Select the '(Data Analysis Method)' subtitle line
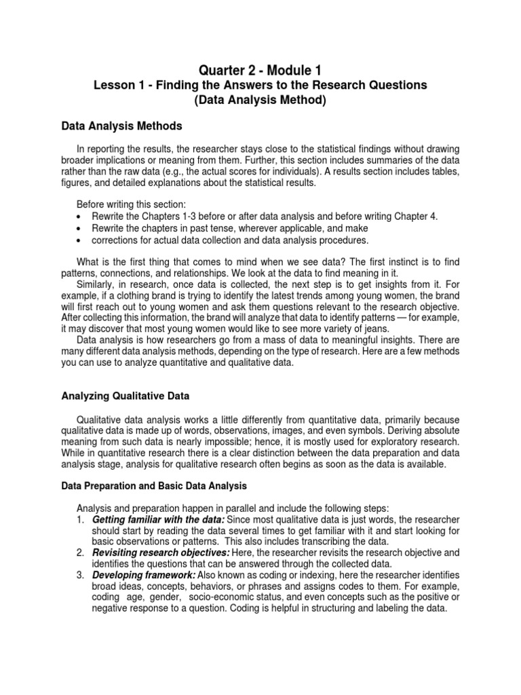260,100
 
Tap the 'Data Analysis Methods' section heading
121,126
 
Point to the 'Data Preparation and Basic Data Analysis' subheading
154,486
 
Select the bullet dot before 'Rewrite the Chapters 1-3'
80,217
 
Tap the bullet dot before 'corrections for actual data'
80,241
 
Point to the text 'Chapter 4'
417,217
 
